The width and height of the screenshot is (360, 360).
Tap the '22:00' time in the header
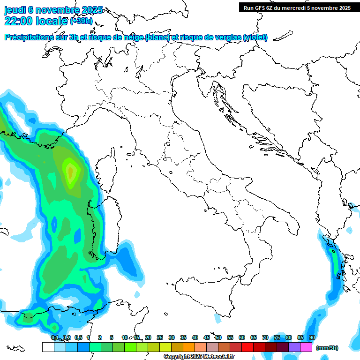click(x=19, y=21)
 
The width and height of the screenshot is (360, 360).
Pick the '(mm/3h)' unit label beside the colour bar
click(x=327, y=348)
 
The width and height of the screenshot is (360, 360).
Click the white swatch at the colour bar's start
click(x=48, y=347)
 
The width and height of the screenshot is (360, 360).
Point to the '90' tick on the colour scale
click(x=312, y=337)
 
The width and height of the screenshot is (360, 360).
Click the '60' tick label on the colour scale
click(x=242, y=337)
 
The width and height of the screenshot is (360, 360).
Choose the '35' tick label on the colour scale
click(x=183, y=337)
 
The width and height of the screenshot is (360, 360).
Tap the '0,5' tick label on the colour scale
click(x=78, y=337)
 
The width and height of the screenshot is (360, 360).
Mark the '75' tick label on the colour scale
click(x=277, y=337)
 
